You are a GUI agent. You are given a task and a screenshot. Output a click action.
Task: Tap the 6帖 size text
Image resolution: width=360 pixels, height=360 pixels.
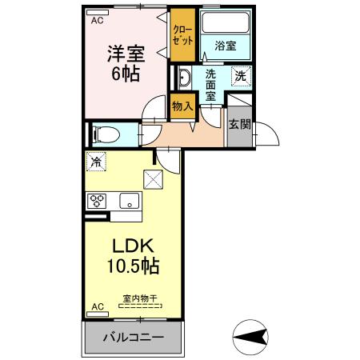(125, 75)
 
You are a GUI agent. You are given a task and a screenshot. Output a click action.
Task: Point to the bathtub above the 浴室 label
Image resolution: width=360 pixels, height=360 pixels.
(225, 24)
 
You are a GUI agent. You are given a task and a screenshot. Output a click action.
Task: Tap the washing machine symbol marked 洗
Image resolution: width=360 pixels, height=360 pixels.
(240, 76)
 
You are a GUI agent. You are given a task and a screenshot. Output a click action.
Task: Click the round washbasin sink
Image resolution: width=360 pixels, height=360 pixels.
(184, 78)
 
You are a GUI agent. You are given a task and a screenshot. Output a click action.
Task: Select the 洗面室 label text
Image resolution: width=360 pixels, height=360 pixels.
(210, 85)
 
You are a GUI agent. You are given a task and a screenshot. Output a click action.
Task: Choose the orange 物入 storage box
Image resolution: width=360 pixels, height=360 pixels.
(183, 106)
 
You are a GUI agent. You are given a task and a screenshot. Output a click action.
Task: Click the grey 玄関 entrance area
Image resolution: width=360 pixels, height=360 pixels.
(238, 125)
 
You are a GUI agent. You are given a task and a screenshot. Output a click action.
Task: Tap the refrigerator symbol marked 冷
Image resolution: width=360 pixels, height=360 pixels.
(96, 162)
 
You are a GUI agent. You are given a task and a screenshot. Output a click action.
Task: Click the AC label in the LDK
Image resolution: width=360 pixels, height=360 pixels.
(97, 306)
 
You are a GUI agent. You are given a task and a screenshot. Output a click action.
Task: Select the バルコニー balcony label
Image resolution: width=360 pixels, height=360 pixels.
(133, 338)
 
